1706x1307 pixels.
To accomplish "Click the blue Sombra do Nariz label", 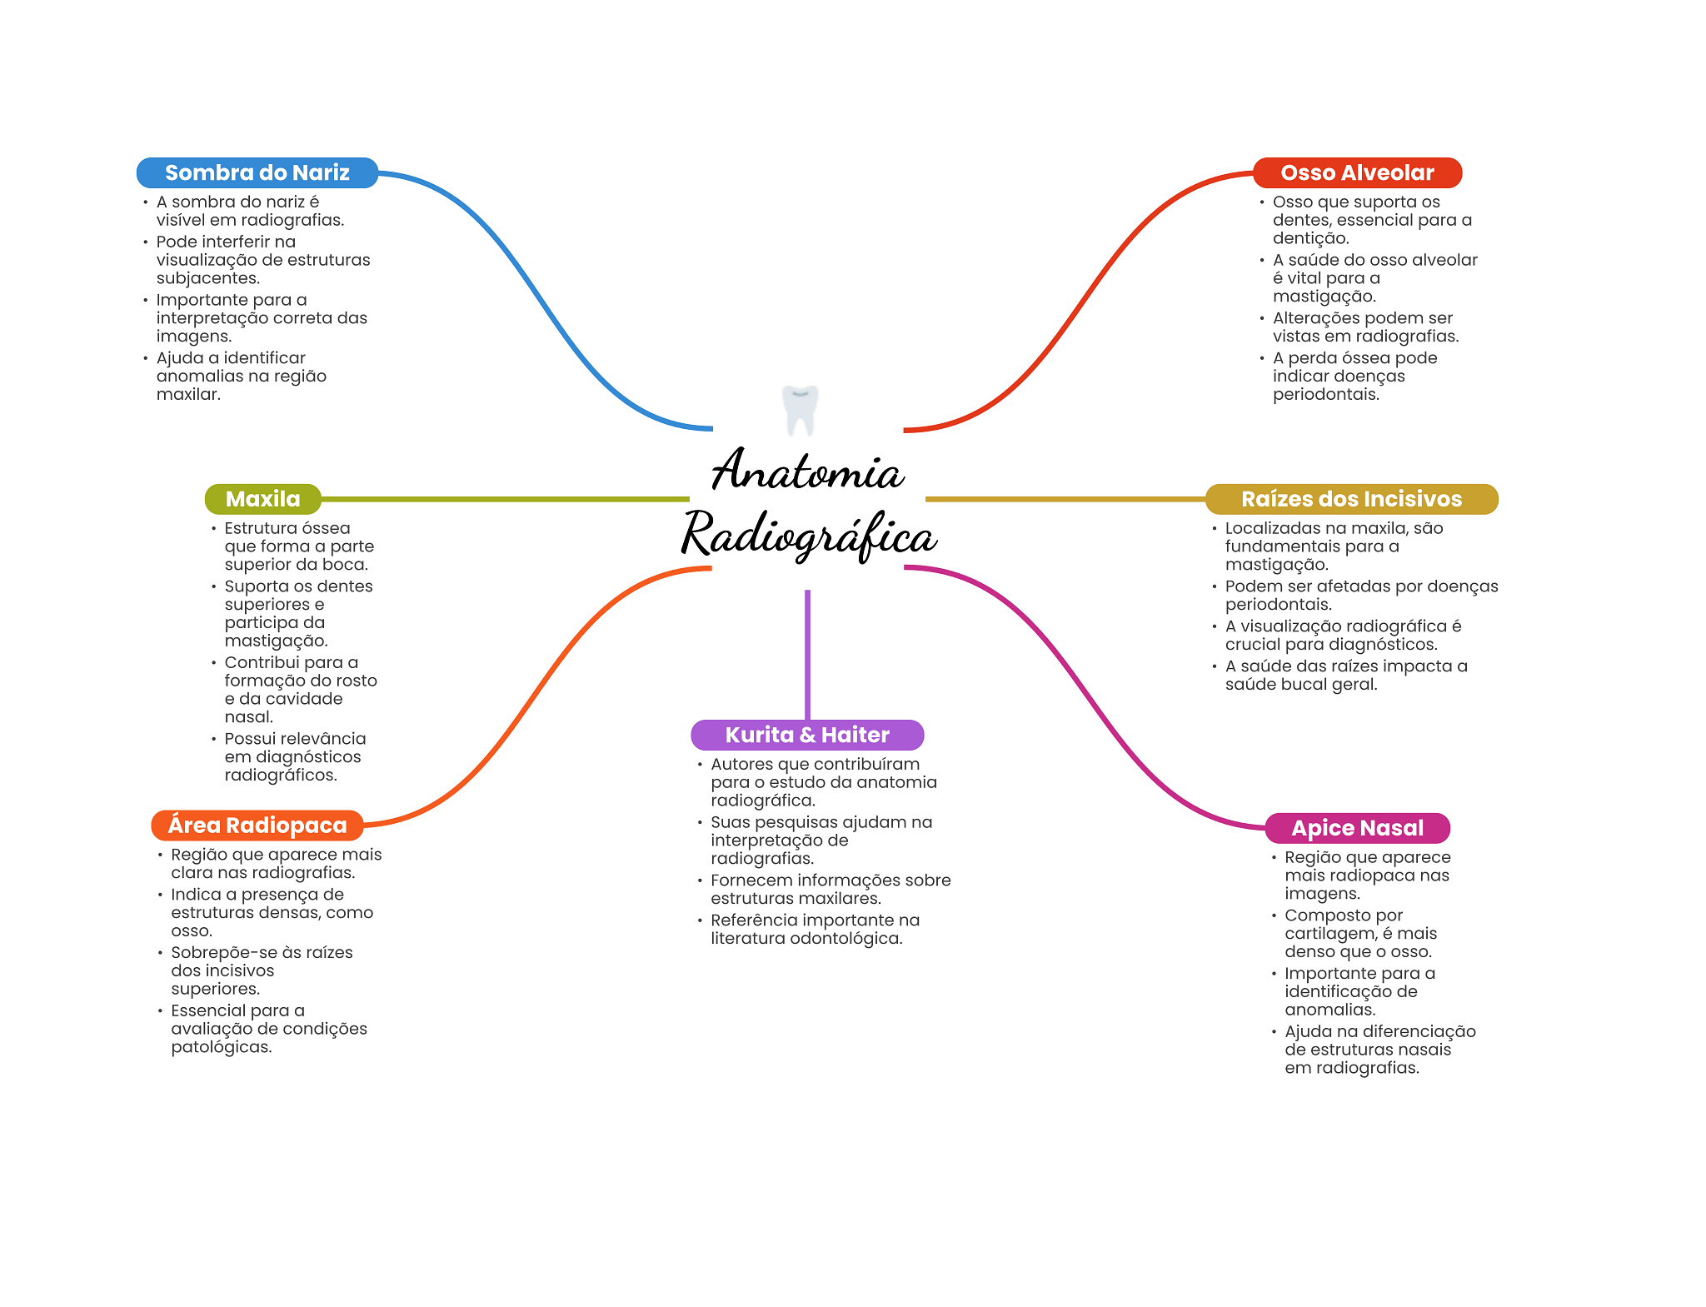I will click(257, 172).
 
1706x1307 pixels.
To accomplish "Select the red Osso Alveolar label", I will click(1357, 172).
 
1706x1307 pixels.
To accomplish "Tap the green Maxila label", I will click(262, 499).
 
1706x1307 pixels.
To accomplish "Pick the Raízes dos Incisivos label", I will click(1351, 499).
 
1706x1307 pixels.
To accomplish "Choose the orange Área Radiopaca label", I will click(257, 826).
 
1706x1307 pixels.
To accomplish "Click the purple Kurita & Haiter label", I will click(807, 735).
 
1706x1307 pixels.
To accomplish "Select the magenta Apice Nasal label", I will click(1357, 828).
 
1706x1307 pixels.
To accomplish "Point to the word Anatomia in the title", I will click(807, 471).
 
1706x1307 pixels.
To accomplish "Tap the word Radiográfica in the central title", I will click(809, 535).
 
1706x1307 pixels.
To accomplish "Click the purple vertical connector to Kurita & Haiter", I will click(807, 654).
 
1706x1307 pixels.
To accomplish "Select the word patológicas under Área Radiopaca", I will click(221, 1047).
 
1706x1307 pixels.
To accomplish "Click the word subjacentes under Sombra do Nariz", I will click(207, 278).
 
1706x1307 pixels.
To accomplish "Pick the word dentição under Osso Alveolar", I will click(1309, 238).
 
